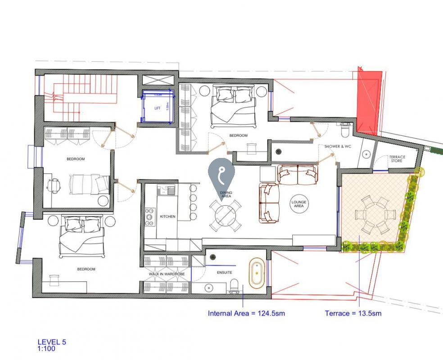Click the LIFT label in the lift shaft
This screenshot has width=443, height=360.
coord(157,108)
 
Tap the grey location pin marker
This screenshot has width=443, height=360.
coord(221,174)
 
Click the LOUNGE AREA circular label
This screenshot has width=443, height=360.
coord(298,204)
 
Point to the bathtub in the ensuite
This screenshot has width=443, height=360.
coord(257,273)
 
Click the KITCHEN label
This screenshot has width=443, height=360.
coord(167,216)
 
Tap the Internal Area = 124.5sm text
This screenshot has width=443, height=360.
coord(246,313)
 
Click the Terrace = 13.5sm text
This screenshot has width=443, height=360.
coord(353,313)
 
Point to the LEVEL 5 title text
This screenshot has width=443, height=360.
coord(52,342)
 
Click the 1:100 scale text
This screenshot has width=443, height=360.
coord(47,348)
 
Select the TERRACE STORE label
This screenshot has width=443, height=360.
coord(397,159)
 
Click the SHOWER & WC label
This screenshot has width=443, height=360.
coord(338,147)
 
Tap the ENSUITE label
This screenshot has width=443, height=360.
coord(212,272)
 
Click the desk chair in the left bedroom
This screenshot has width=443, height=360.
coord(54,185)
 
